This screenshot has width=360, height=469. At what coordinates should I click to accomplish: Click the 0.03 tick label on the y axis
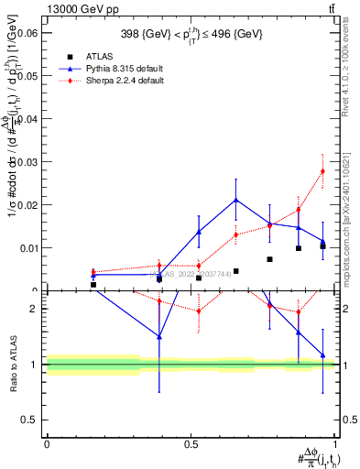pyautogui.click(x=26, y=162)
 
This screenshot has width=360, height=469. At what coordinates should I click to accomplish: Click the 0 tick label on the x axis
pyautogui.click(x=47, y=444)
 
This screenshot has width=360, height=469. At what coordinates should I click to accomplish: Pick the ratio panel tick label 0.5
pyautogui.click(x=27, y=420)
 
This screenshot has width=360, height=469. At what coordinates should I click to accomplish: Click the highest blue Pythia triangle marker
pyautogui.click(x=236, y=200)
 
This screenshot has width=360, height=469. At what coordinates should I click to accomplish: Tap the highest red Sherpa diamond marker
pyautogui.click(x=322, y=171)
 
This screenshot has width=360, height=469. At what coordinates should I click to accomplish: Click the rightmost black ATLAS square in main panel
pyautogui.click(x=322, y=246)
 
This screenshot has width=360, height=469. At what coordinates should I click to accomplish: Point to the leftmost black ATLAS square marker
pyautogui.click(x=93, y=285)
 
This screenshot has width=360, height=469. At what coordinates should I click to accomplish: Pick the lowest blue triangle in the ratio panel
pyautogui.click(x=322, y=354)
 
